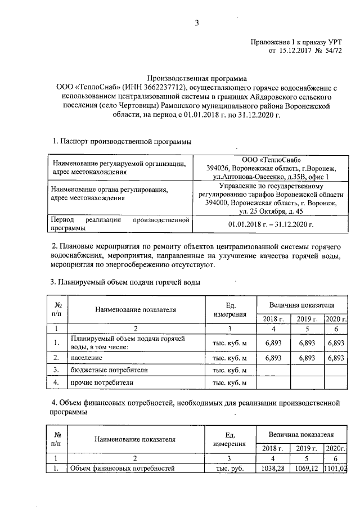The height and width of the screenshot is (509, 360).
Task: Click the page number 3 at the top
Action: (x=197, y=23)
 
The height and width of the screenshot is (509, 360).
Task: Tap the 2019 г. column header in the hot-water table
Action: (x=306, y=319)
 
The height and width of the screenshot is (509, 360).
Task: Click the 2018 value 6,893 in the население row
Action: (x=273, y=357)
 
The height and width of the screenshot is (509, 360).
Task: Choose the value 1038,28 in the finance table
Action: (x=272, y=468)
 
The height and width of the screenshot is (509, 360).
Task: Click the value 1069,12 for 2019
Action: (x=306, y=468)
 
